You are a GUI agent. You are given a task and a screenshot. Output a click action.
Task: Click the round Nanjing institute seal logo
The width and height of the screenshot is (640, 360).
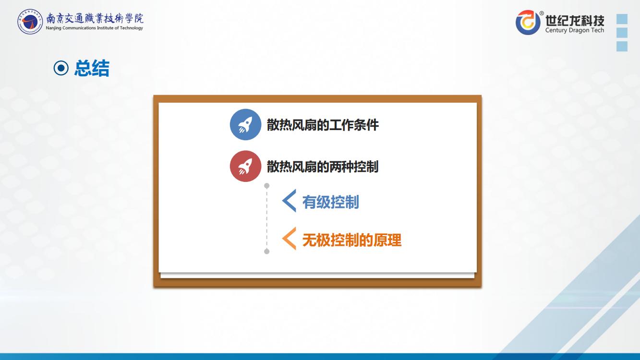[x=30, y=22]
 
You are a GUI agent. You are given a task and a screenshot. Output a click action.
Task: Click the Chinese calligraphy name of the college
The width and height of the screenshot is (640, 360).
[x=95, y=18]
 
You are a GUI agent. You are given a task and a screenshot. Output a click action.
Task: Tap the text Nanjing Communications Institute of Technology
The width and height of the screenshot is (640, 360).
[x=94, y=28]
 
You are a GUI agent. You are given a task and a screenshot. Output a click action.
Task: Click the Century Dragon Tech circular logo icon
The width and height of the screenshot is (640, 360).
[x=528, y=22]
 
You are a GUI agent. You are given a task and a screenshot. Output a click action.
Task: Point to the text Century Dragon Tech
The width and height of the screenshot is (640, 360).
[x=575, y=30]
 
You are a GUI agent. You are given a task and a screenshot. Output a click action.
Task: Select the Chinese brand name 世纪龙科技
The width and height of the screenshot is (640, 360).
[x=575, y=20]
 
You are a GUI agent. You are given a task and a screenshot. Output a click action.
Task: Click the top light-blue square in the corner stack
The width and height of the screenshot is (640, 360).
[x=622, y=19]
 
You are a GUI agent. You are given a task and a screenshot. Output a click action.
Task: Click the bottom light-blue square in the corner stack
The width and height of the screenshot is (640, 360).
[x=622, y=46]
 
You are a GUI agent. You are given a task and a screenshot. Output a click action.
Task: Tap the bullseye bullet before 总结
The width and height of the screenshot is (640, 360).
[x=61, y=68]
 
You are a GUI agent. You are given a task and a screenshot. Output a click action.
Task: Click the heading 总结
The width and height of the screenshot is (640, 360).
[x=92, y=68]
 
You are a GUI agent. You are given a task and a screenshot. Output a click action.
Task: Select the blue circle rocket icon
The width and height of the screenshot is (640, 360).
[x=245, y=125]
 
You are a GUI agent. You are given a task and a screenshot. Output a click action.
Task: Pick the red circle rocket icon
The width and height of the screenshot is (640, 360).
[x=245, y=166]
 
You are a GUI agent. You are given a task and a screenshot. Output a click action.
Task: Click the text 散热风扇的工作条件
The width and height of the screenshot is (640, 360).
[x=323, y=125]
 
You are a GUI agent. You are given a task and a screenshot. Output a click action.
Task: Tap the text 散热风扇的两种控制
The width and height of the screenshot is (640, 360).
[x=323, y=167]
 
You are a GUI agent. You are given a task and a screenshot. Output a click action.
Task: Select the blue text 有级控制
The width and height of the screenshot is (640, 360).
[x=331, y=202]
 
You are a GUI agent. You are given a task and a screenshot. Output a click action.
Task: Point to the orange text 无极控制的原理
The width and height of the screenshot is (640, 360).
[x=352, y=240]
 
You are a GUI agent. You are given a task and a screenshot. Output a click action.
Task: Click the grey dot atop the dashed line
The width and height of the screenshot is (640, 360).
[x=267, y=186]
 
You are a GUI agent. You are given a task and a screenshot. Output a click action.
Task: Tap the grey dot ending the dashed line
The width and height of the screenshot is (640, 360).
[x=267, y=252]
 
